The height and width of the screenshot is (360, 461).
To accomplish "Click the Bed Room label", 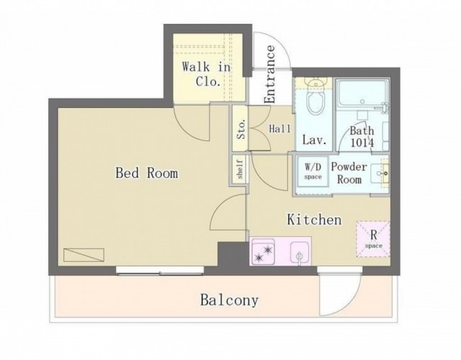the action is point(146,173).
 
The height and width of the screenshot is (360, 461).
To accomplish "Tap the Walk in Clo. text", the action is point(207,74).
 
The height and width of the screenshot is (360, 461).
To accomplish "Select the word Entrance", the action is point(269,74).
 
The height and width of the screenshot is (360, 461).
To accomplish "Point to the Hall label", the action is point(280,129).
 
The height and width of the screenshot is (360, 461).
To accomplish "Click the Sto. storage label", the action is point(241,129).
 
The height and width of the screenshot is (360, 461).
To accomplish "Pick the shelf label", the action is point(240,169).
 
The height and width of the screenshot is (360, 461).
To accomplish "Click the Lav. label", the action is point(314,140).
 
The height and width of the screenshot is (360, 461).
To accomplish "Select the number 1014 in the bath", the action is point(362,143).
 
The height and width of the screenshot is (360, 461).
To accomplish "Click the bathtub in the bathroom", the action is point(362,93).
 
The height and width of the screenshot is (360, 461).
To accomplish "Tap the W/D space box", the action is point(313,171).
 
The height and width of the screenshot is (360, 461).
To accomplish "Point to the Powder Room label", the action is point(349,173).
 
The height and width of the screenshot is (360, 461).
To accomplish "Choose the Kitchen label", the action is point(314,220).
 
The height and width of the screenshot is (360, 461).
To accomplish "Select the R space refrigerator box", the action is point(373,239).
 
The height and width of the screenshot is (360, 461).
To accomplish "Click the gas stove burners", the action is point(263,253).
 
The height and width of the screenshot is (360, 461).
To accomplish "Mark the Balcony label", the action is point(229,300).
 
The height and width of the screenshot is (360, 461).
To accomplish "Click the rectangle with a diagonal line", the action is point(84,255).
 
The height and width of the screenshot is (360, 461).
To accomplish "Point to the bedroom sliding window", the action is point(160,271).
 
